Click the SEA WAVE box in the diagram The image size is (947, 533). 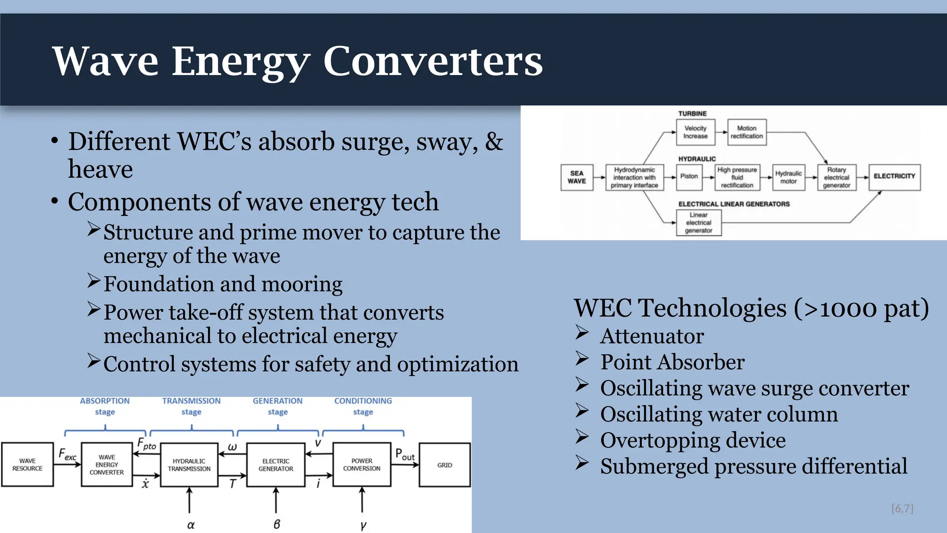click(x=577, y=177)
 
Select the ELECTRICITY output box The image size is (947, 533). click(x=894, y=177)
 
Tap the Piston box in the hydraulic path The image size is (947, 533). click(x=689, y=177)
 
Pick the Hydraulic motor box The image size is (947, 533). click(x=788, y=177)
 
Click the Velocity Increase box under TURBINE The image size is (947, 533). click(x=695, y=132)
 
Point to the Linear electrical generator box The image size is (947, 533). click(x=699, y=223)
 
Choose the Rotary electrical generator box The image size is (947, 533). click(x=836, y=177)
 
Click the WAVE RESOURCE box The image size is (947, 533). click(x=27, y=465)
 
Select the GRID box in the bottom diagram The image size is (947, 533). click(x=444, y=465)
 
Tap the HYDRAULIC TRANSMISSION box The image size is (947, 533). click(x=189, y=465)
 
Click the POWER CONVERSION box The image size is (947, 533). click(x=362, y=465)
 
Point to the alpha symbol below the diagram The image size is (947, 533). click(x=191, y=525)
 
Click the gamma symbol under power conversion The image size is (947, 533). click(x=363, y=525)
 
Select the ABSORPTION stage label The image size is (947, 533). click(x=105, y=406)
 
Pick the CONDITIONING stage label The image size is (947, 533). click(x=363, y=406)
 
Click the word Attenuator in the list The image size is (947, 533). click(x=652, y=336)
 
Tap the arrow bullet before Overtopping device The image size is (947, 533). click(x=582, y=437)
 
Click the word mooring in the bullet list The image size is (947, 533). click(x=302, y=284)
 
